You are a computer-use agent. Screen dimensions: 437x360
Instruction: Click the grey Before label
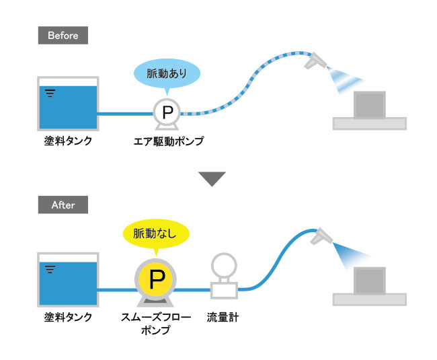point(63,36)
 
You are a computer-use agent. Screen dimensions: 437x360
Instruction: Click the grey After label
point(63,205)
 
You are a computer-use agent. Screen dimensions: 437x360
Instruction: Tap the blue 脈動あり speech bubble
point(167,74)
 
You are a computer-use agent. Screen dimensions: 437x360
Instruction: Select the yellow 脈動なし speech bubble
point(156,233)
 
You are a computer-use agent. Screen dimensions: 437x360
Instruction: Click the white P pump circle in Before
point(167,112)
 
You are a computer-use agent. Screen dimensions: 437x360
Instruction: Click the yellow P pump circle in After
point(155,279)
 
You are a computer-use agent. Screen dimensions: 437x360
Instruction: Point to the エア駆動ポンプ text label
point(169,141)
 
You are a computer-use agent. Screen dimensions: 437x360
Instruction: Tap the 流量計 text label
point(223,318)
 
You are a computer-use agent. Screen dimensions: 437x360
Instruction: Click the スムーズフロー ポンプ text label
point(156,324)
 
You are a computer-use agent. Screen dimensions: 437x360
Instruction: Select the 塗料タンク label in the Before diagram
point(68,141)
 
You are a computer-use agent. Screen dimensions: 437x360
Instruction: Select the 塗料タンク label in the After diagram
point(68,318)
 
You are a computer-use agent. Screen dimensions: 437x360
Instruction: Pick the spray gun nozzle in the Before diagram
point(315,61)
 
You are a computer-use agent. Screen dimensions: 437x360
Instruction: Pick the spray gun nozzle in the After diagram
point(321,236)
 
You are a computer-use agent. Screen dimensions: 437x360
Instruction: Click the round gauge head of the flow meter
point(224,266)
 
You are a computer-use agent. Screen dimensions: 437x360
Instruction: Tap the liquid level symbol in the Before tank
point(50,93)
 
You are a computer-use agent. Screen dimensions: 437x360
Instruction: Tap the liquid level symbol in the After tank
point(50,269)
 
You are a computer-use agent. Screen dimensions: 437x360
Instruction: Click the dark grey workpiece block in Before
point(370,105)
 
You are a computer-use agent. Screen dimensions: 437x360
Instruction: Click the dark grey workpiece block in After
point(370,281)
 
